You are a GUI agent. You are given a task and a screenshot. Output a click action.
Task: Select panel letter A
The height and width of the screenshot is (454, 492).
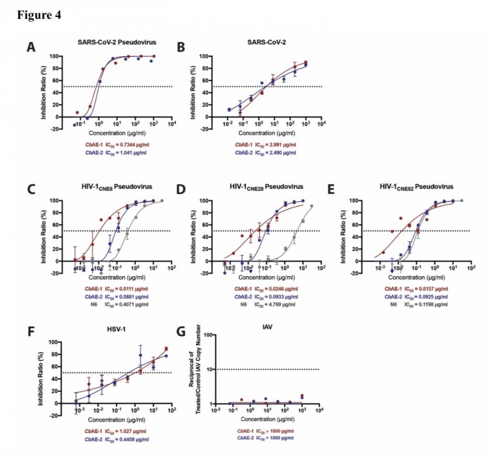click(31, 47)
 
